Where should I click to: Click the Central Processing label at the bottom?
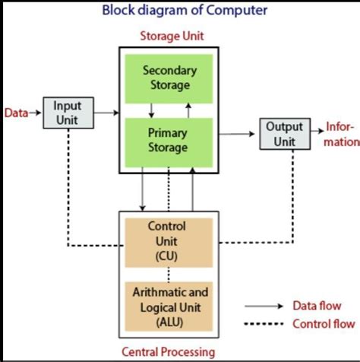168,351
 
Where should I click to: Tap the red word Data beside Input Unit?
16,113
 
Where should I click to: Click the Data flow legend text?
317,306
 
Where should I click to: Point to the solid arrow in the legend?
263,306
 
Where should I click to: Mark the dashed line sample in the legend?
263,324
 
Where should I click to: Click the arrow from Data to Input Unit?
35,113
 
